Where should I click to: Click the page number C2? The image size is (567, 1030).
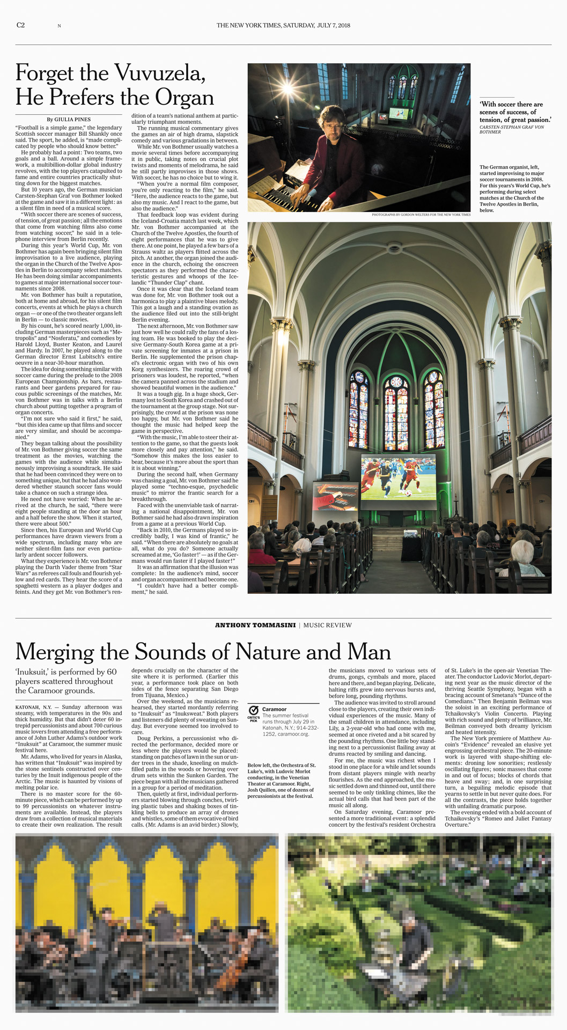[20, 25]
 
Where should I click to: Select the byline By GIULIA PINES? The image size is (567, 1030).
[68, 119]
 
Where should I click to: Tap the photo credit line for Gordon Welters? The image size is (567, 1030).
[421, 215]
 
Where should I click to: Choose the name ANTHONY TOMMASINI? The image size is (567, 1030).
[255, 625]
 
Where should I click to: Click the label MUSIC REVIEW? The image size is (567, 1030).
[328, 625]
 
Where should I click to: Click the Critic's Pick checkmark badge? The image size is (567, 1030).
[254, 710]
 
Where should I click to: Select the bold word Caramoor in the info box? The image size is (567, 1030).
[274, 709]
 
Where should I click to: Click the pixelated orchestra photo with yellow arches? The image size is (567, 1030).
[147, 923]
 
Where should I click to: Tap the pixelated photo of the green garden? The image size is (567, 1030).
[419, 923]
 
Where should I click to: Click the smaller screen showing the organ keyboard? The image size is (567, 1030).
[336, 496]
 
